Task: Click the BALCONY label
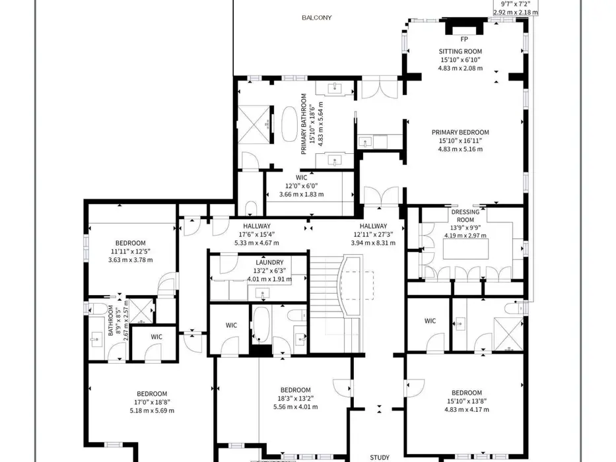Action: coord(317,18)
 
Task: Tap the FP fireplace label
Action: coord(464,40)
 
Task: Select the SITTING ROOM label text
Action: coord(460,51)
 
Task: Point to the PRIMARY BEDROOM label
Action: coord(460,133)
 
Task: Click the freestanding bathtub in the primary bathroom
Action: coord(290,124)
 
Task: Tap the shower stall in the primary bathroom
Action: coord(254,124)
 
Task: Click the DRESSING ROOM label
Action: coord(465,216)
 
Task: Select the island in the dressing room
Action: coord(466,249)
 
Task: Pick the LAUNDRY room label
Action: coord(269,263)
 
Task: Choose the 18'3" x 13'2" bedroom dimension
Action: coord(295,399)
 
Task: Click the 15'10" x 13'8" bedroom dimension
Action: coord(467,401)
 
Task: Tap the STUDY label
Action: coord(380,457)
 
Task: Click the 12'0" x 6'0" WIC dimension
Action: coord(301,186)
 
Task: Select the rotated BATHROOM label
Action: coord(111,320)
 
